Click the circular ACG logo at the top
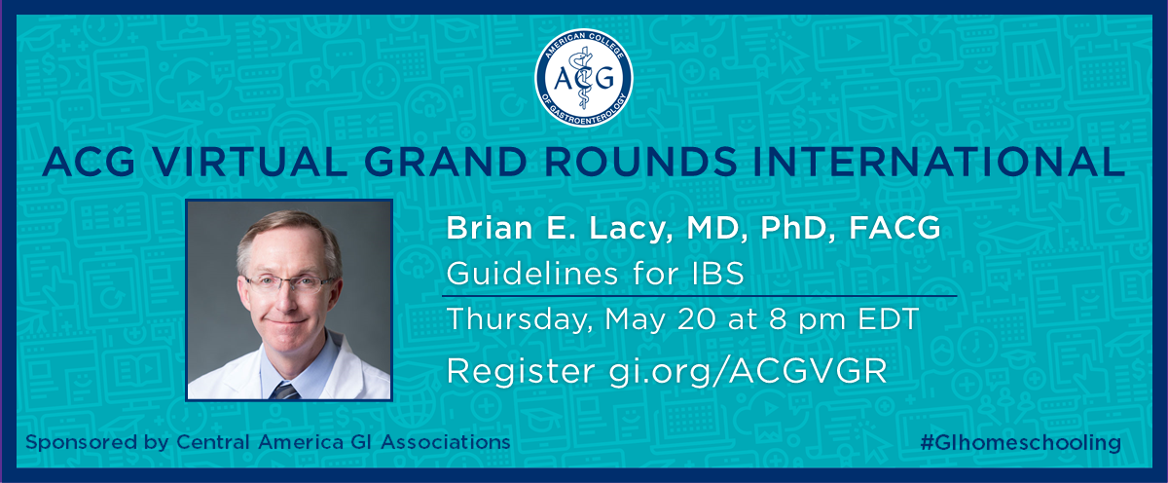point(583,77)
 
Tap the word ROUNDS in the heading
point(640,162)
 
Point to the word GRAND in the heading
point(449,162)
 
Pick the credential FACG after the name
point(894,228)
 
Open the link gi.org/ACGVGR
point(748,372)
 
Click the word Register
point(521,372)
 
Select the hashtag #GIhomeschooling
point(1020,443)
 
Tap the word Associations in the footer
point(446,442)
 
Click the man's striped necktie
point(284,390)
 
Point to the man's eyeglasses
point(289,283)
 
